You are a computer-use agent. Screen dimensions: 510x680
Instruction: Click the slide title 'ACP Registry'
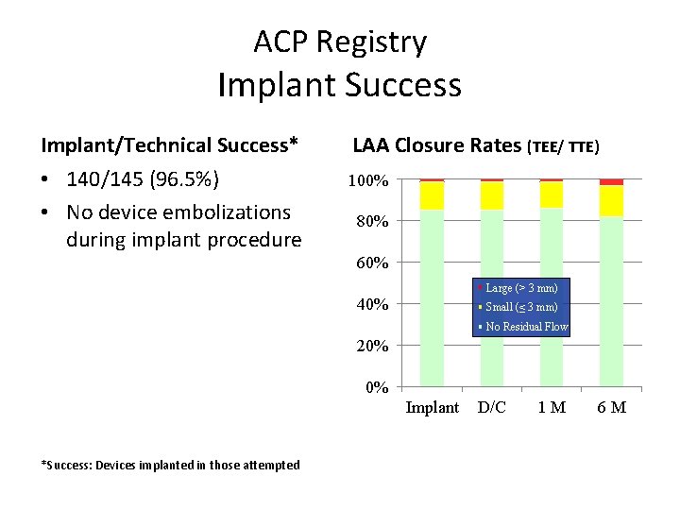pos(340,42)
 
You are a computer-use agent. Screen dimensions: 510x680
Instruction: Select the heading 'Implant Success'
pos(340,85)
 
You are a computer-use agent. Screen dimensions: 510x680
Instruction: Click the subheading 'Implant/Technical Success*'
pos(170,144)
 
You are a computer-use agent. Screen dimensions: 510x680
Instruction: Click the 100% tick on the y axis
pos(368,180)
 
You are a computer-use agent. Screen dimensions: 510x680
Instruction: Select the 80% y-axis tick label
pos(372,222)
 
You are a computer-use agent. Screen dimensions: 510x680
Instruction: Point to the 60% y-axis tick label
pos(372,263)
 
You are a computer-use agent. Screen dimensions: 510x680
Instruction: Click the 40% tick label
pos(372,304)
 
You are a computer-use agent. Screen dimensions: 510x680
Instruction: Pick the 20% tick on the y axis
pos(372,346)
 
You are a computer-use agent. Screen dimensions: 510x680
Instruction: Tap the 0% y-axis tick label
pos(376,387)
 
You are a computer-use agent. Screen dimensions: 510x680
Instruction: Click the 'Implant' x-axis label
pos(432,408)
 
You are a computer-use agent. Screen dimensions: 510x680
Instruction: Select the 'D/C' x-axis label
pos(492,408)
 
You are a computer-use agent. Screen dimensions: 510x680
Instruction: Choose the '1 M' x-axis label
pos(552,408)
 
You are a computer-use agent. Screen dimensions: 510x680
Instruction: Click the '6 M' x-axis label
pos(611,408)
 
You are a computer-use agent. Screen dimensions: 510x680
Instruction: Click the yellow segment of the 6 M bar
pos(611,200)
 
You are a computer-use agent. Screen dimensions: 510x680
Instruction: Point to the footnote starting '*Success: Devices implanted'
pos(171,465)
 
